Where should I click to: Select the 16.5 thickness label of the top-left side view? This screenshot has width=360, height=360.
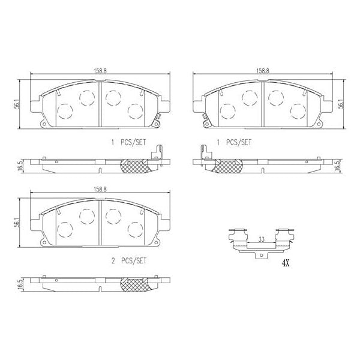(x=22, y=165)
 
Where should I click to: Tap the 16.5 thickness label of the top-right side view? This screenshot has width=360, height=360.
(x=338, y=165)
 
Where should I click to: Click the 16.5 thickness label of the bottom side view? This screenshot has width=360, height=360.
(x=22, y=283)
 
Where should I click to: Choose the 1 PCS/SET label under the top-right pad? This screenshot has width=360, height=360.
(x=235, y=143)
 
